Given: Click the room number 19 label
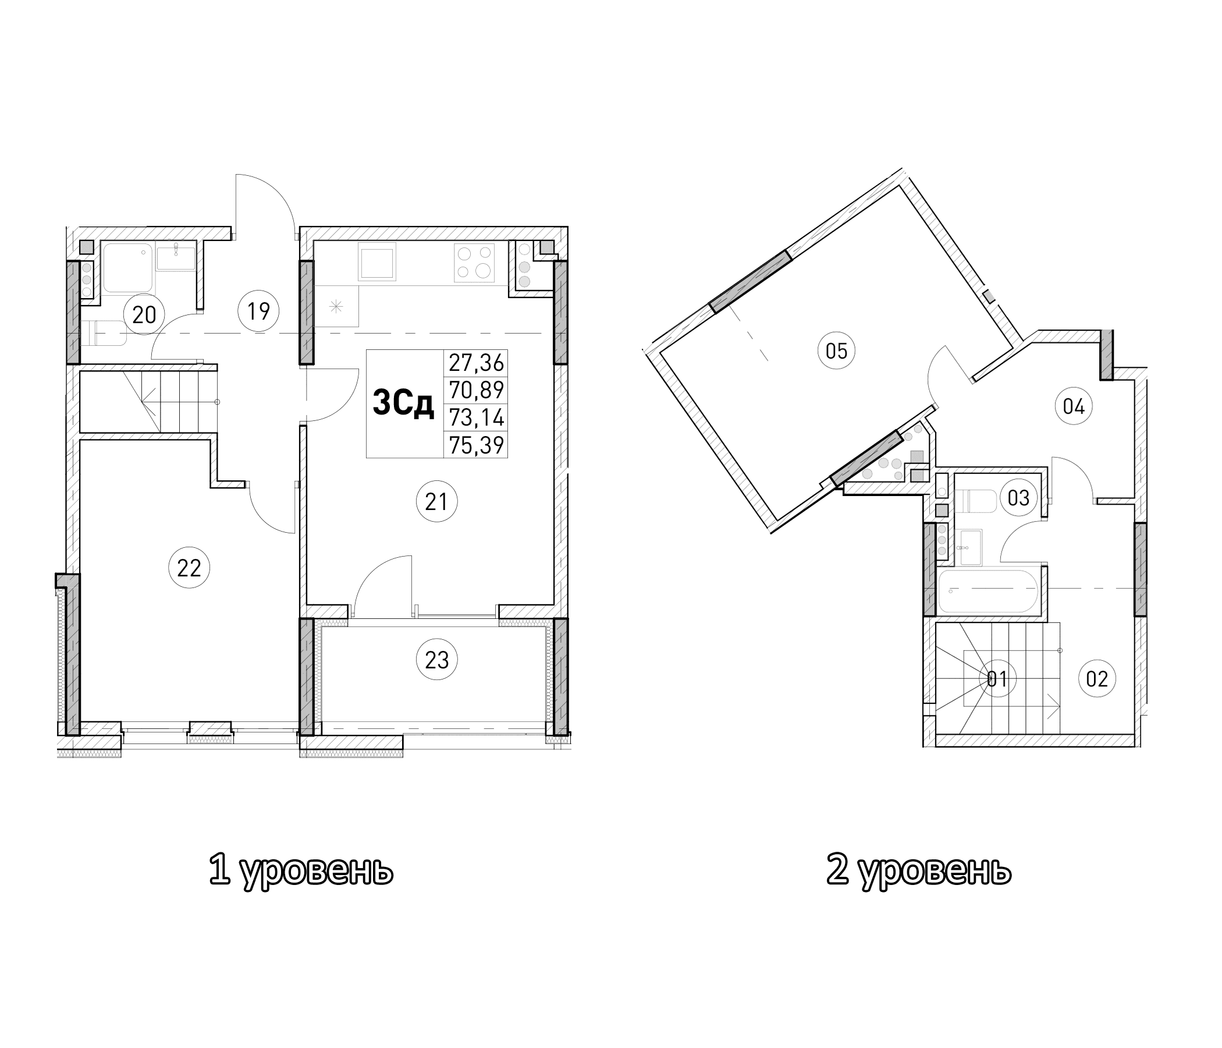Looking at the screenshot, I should tap(258, 310).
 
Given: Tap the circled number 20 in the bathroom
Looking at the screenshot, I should tap(144, 314).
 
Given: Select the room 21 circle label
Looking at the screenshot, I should tap(436, 501).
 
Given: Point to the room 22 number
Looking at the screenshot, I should tap(189, 568).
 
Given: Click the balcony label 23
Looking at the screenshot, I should tap(436, 660).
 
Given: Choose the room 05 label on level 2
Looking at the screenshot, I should tap(836, 351).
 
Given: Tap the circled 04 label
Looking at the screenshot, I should tap(1074, 406).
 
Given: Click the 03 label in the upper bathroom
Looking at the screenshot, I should tap(1018, 498).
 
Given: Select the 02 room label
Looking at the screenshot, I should tap(1097, 679).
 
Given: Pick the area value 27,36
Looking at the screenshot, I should tap(476, 363).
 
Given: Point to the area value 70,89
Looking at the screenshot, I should tap(476, 390).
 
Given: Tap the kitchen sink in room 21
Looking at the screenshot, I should tap(377, 263).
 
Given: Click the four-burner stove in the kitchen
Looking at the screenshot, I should tap(474, 263).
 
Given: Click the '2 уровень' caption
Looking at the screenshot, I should tap(919, 870).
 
